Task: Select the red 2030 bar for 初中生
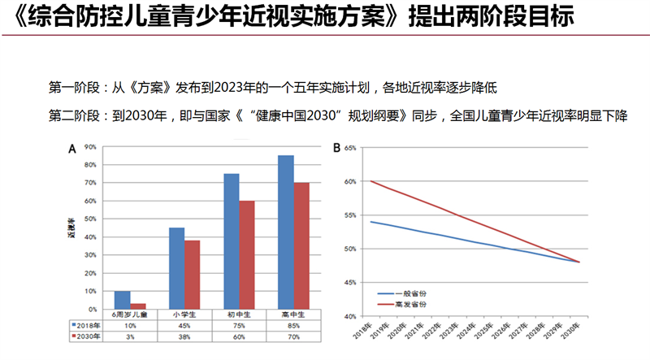[248, 254]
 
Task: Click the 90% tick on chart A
[90, 147]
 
